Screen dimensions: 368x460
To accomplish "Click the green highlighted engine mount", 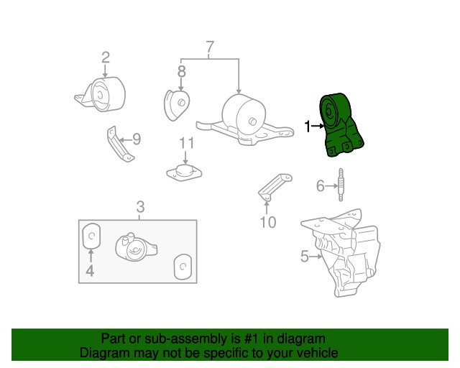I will pos(341,125).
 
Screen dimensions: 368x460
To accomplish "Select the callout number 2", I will pos(106,57).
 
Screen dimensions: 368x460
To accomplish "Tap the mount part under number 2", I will pos(103,96).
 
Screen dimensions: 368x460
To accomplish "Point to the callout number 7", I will pos(210,48).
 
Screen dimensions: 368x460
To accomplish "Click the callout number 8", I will pos(181,71).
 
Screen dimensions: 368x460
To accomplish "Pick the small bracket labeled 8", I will pos(177,105).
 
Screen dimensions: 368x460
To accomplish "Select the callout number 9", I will pos(136,139).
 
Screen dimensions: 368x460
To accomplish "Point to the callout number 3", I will pos(140,207).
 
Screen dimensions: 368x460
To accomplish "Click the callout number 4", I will pos(90,271).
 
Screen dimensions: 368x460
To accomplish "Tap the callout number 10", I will pos(267,222).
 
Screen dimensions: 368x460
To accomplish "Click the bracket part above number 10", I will pos(272,186).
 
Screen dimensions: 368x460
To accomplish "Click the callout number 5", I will pos(304,256).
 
